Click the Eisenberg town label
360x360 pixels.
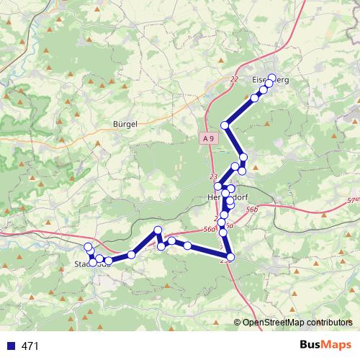tap(271, 80)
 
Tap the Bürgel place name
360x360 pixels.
tap(125, 124)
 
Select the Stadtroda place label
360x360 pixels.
tap(94, 264)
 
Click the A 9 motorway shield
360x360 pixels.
tap(208, 138)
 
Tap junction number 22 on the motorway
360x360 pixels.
tap(234, 79)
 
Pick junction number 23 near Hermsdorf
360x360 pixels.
tap(212, 176)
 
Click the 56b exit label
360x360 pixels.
tap(251, 209)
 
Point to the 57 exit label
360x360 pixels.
tap(351, 199)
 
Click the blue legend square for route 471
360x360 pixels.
tap(10, 346)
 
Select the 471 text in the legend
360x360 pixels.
tap(30, 346)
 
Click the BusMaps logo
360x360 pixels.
tap(325, 346)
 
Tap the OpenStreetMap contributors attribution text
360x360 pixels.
tap(297, 322)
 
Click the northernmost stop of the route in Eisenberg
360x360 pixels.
tap(271, 78)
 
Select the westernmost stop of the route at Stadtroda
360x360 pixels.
tap(89, 248)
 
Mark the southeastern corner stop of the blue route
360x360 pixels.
tap(230, 256)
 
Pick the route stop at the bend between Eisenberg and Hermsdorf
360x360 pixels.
tap(225, 125)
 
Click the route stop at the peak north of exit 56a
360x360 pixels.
tap(158, 230)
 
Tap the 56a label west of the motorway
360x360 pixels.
tap(209, 229)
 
